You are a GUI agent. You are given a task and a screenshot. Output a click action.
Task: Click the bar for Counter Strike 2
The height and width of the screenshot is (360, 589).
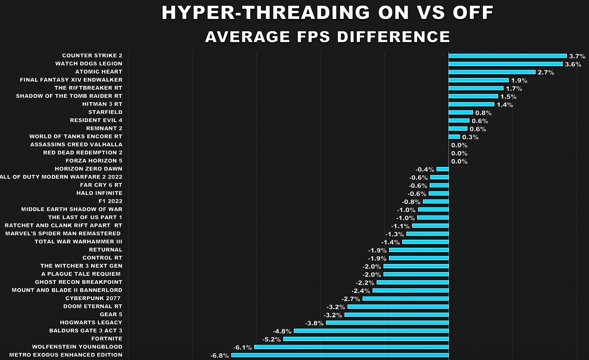(508, 56)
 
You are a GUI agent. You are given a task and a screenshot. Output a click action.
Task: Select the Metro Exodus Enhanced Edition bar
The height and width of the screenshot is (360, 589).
(340, 355)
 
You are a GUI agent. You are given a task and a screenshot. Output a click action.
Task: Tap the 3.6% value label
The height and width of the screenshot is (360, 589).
(573, 64)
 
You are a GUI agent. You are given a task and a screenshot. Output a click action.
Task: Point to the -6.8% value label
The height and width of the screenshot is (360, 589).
(219, 356)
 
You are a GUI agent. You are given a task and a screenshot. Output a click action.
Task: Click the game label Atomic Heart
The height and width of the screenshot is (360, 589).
(99, 72)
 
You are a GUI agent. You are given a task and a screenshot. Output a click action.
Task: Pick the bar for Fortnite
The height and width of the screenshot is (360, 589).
(366, 339)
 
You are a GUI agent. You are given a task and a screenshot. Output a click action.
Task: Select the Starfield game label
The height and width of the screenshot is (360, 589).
(105, 112)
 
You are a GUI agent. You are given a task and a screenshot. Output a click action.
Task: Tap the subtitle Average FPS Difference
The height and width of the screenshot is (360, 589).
(327, 37)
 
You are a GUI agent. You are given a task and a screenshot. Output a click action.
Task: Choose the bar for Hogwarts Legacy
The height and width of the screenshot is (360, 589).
(387, 323)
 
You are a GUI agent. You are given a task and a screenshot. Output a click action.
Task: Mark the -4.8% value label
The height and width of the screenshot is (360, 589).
(282, 331)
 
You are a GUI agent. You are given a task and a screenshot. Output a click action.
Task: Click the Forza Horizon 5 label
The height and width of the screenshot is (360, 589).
(94, 161)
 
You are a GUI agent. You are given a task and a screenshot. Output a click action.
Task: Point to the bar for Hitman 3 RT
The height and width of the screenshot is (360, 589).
(471, 104)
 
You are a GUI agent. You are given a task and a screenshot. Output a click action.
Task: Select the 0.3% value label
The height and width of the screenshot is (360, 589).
(470, 137)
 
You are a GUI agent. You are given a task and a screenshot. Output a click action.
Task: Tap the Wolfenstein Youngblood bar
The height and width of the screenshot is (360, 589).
(352, 347)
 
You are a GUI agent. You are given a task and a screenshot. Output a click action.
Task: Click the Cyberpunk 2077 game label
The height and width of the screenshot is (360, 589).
(93, 298)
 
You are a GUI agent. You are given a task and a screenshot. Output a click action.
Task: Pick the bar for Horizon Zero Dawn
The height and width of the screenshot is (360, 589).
(442, 169)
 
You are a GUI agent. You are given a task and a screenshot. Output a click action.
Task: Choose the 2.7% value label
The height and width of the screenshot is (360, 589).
(545, 72)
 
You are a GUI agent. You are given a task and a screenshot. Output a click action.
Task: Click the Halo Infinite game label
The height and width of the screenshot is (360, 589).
(99, 193)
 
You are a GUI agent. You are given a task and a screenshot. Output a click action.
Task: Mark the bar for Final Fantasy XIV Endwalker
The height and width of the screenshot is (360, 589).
(478, 80)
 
